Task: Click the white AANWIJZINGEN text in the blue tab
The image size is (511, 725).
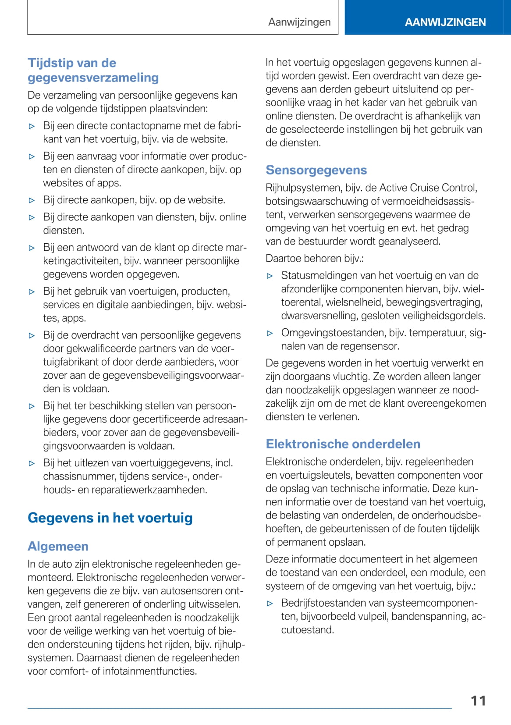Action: (445, 22)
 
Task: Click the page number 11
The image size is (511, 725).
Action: (478, 700)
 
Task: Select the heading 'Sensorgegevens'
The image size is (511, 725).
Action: (316, 170)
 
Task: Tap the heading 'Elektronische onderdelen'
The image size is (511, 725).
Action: (343, 444)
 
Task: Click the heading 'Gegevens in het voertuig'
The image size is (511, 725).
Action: (110, 518)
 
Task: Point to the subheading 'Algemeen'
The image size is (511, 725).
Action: (58, 546)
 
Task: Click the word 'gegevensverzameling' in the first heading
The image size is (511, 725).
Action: (93, 78)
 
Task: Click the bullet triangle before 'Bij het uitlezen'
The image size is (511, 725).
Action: (32, 463)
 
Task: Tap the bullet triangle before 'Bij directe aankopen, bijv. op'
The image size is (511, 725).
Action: (32, 200)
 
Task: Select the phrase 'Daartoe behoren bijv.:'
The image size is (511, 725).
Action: (314, 259)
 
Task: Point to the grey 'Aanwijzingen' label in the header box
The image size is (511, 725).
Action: (299, 22)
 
